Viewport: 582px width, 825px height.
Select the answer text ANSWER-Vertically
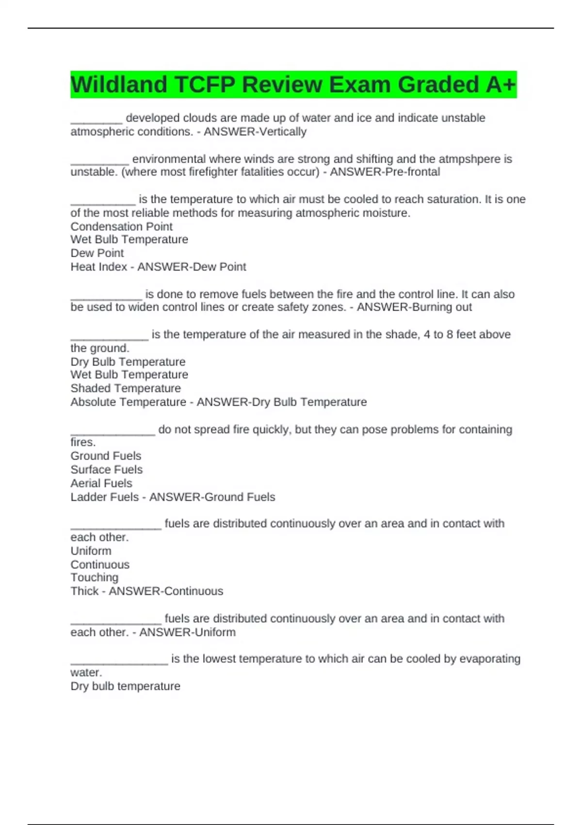coord(255,132)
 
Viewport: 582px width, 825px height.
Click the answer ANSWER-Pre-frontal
coord(385,172)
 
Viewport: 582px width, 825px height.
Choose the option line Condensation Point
coord(121,227)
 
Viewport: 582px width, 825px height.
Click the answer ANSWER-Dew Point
coord(192,267)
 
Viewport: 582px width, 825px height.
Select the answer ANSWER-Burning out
coord(414,307)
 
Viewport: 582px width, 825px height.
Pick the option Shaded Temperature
coord(126,388)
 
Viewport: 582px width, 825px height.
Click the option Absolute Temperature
coord(128,402)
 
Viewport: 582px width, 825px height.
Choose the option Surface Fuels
coord(107,469)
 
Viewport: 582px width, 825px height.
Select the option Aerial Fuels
coord(101,483)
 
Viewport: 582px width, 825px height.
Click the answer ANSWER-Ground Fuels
coord(212,497)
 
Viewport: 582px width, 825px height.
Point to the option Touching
coord(95,577)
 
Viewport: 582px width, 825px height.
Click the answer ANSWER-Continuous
coord(166,591)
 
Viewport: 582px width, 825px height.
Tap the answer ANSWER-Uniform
coord(187,632)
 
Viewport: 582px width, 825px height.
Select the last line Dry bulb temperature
coord(125,686)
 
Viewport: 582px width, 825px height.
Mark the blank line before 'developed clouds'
coord(96,121)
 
